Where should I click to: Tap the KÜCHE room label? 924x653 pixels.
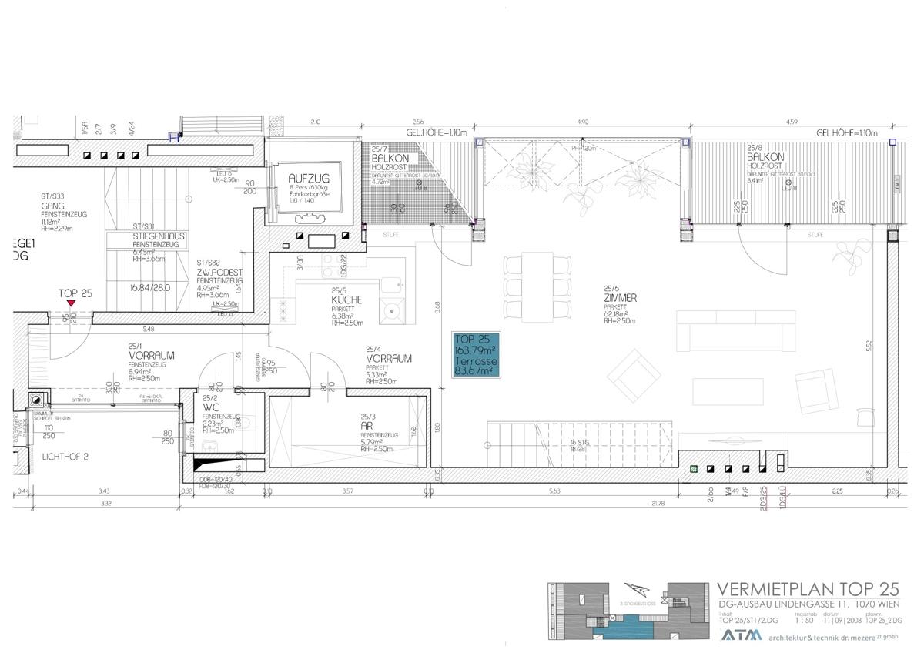coord(346,300)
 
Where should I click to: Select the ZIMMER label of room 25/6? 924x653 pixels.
coord(621,297)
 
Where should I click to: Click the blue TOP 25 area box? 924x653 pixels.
coord(477,355)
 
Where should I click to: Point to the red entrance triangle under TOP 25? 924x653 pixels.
coord(71,304)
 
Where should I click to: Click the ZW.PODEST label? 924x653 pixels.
coord(219,272)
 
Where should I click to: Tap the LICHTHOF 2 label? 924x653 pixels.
coord(65,456)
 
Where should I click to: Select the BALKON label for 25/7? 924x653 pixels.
coord(390,156)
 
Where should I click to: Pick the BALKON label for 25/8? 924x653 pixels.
coord(765,156)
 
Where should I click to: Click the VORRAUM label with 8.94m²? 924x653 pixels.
coord(152,356)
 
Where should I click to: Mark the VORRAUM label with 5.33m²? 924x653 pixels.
coord(388,358)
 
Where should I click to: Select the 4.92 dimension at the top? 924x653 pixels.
coord(583,122)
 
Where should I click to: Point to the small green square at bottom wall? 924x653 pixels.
coord(694,469)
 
